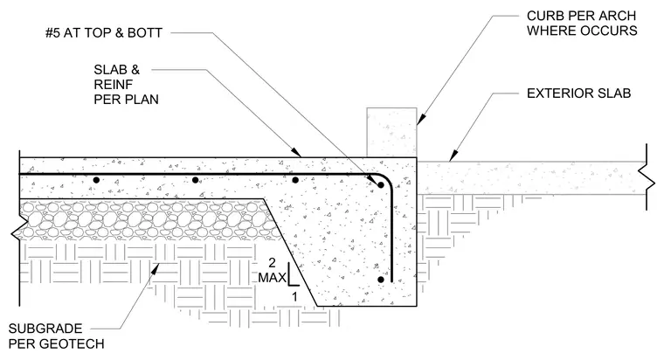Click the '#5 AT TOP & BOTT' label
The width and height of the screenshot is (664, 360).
coord(104,33)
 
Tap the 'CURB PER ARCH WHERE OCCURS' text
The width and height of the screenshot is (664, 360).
coord(582,24)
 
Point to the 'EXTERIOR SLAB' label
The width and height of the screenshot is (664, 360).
coord(579,93)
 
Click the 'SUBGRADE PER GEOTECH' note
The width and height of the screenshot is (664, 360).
coord(56,336)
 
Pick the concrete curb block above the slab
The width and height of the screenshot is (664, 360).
coord(391,132)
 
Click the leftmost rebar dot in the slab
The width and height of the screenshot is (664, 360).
coord(96,180)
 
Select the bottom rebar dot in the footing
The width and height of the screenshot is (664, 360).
coord(381,280)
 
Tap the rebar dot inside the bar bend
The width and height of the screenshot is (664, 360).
coord(381,185)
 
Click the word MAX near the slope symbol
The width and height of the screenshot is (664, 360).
coord(273,278)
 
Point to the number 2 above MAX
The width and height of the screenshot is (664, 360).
coord(272,263)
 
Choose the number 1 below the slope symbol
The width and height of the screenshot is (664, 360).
coord(294,296)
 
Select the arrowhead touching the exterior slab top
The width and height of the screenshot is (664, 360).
coord(452,157)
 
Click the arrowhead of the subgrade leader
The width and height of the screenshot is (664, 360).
coord(156,267)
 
